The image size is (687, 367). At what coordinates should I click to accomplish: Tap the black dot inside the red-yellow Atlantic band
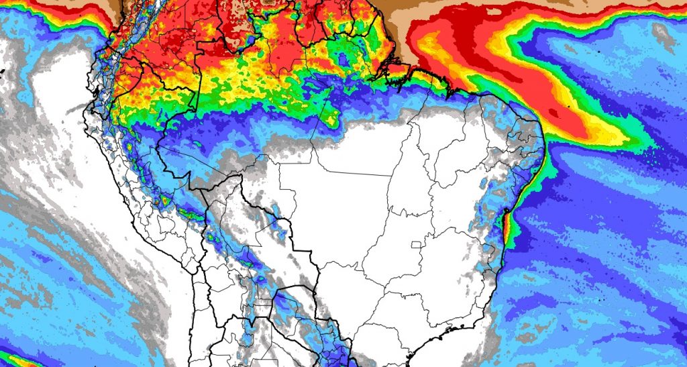click(568, 107)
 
